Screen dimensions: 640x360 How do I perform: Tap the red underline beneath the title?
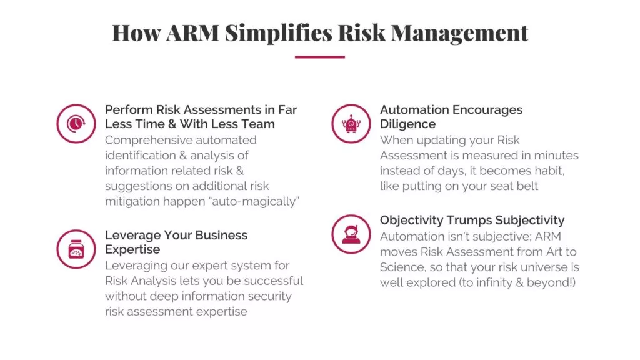(320, 57)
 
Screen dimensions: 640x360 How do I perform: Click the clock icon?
(76, 124)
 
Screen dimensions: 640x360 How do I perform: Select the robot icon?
(351, 124)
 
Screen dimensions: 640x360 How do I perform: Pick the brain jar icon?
(76, 249)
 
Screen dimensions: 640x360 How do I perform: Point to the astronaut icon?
(351, 234)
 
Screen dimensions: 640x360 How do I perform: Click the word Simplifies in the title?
(279, 32)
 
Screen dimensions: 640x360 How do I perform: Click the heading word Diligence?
(407, 124)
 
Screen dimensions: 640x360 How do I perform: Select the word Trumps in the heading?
(469, 221)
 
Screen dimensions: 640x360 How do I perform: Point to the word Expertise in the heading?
(132, 250)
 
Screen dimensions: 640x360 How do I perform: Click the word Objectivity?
(411, 221)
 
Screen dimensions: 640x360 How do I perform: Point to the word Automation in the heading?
(413, 110)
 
